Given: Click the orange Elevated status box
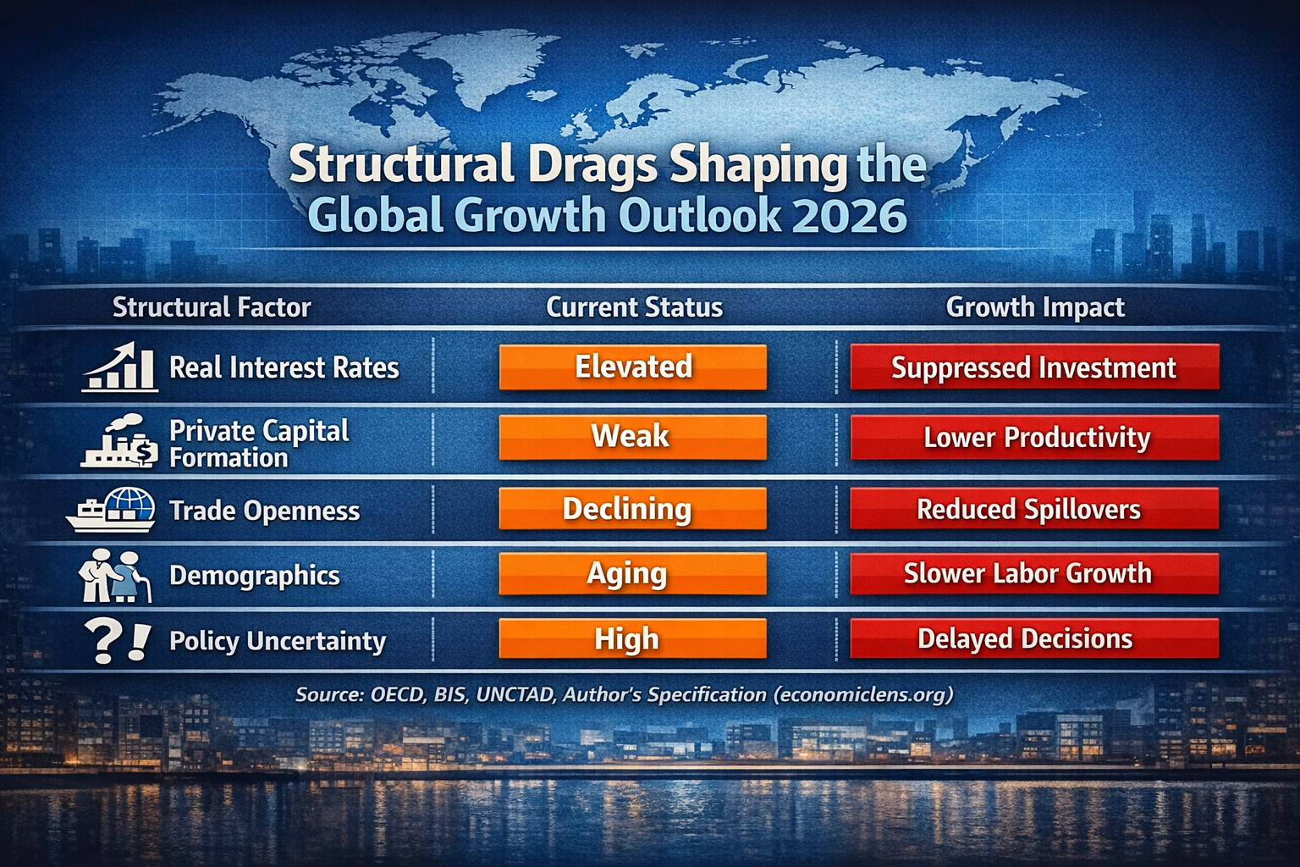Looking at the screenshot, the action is (633, 367).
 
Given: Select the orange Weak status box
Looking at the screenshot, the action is (633, 437).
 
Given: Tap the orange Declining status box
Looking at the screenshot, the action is (633, 508).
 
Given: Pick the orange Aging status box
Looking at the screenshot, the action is (633, 573).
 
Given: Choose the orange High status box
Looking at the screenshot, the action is (633, 638).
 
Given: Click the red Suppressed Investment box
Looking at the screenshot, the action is (1034, 367).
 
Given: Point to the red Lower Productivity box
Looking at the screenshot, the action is (1034, 437).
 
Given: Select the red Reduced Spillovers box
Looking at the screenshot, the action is (1034, 509).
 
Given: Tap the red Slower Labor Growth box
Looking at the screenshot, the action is (1034, 573).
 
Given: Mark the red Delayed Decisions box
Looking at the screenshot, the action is (1034, 638).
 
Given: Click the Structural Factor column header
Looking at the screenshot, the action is (212, 306).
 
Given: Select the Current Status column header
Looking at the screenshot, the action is (634, 306).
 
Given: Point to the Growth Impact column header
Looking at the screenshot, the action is (1035, 306).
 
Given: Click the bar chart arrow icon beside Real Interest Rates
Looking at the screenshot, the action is (121, 367).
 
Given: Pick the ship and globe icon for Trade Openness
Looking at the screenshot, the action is (112, 510).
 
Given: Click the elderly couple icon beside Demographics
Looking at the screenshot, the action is (114, 576).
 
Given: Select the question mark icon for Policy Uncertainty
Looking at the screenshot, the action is (117, 641).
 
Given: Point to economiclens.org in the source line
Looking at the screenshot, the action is (862, 694).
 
